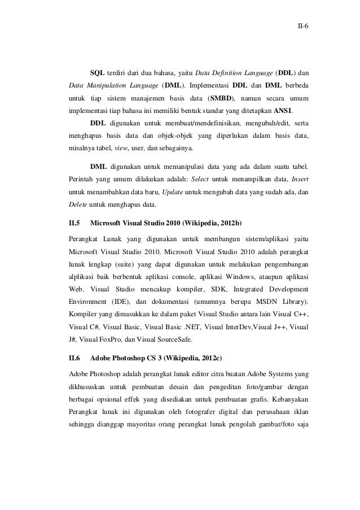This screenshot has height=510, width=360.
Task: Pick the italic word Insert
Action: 299,179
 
